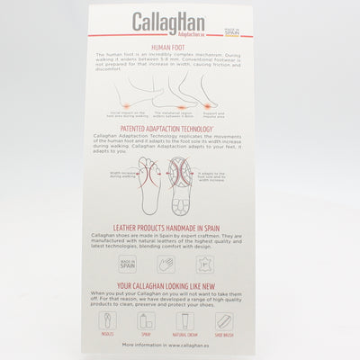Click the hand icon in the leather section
pyautogui.click(x=166, y=265)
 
